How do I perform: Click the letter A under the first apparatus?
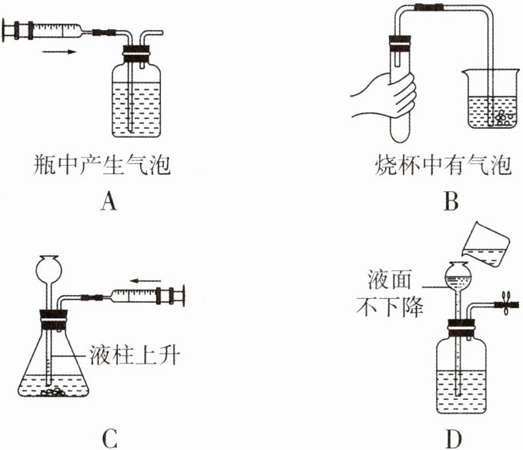tap(109, 202)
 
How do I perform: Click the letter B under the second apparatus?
tap(451, 202)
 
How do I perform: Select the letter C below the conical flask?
tap(109, 438)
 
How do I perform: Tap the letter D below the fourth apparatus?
tap(454, 438)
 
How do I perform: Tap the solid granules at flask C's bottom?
tap(55, 391)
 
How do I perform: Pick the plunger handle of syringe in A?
tap(9, 32)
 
